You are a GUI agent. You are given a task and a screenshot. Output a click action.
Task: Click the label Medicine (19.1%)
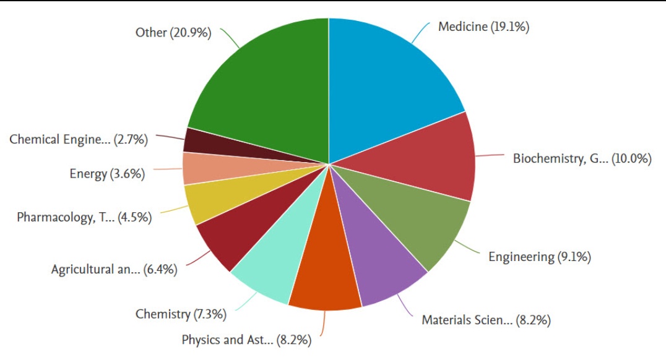tap(483, 27)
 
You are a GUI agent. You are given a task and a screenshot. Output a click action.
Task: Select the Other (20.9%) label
tap(173, 33)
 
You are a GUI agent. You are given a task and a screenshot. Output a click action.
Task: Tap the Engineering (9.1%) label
tap(539, 257)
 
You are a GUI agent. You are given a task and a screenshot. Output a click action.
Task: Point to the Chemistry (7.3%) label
tap(181, 314)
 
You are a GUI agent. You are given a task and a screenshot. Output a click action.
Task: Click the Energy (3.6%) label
tap(107, 174)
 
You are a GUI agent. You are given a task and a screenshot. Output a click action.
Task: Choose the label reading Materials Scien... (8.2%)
tap(486, 320)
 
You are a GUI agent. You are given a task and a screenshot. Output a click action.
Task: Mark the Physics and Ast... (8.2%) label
tap(246, 340)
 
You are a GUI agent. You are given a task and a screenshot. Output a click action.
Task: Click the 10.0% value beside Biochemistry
tap(631, 159)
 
